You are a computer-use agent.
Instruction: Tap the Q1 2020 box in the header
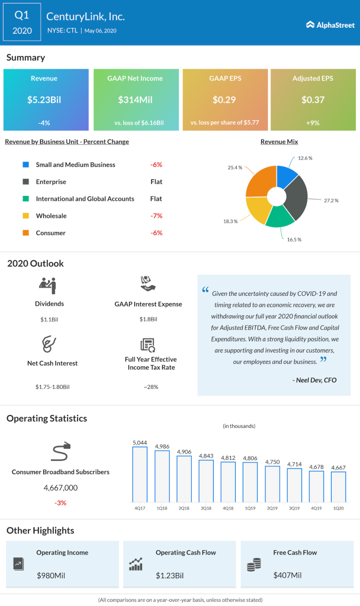pos(22,22)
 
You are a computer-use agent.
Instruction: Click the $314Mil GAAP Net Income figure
pos(135,99)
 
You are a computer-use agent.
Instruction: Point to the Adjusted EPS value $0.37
pos(313,99)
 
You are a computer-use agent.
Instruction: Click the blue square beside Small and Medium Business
pos(25,165)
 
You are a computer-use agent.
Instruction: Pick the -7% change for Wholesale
pos(156,216)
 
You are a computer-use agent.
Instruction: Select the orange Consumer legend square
pos(25,233)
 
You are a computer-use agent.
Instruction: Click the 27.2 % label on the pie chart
pos(330,201)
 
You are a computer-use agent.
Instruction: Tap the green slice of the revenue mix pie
pos(280,217)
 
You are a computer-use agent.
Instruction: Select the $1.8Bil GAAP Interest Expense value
pos(147,320)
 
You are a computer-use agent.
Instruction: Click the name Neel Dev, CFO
pos(314,380)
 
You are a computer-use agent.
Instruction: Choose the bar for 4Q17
pos(140,474)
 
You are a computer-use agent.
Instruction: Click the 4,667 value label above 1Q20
pos(338,467)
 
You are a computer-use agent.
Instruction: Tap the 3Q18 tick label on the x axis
pos(205,508)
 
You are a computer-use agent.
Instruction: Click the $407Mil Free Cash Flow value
pos(287,575)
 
